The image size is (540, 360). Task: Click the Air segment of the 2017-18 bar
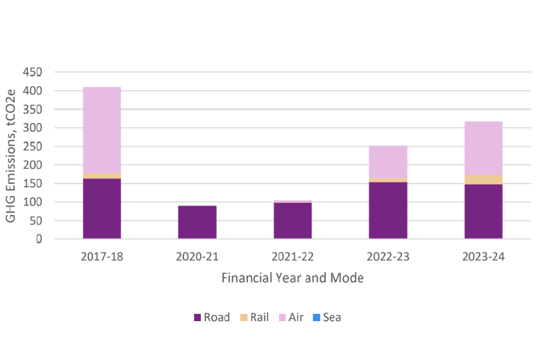(102, 130)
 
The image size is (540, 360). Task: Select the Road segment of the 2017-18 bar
(102, 209)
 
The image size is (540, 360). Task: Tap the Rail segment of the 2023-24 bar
(483, 179)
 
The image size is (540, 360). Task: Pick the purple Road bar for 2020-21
(197, 222)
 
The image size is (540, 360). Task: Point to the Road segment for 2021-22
(292, 220)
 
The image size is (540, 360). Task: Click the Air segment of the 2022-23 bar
(388, 162)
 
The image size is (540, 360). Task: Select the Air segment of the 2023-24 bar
(483, 148)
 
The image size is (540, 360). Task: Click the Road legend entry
(211, 317)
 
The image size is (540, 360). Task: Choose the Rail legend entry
(254, 317)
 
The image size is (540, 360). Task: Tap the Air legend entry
(291, 317)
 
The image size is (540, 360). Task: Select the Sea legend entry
(326, 317)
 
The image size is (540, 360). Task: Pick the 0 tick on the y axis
(39, 239)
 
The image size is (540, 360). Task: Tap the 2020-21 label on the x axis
(197, 256)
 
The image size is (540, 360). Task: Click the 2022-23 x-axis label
(388, 256)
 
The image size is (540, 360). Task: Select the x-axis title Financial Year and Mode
(292, 278)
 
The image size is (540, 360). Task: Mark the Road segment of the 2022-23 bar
(388, 210)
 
